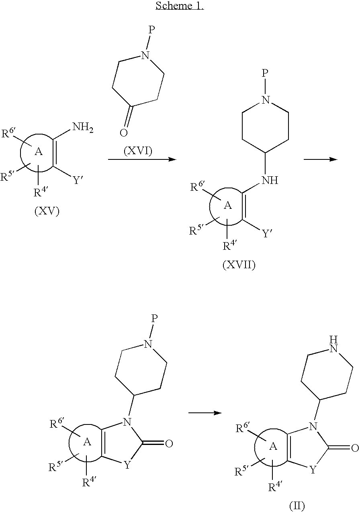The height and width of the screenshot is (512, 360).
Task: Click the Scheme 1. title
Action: (x=180, y=6)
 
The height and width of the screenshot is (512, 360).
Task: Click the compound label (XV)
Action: (x=47, y=211)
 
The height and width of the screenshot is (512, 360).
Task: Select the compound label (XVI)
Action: (x=138, y=151)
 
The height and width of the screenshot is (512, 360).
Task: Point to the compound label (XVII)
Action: (x=239, y=265)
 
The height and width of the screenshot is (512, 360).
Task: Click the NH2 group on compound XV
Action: (x=83, y=127)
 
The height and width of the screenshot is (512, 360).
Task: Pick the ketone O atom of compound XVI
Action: (x=123, y=133)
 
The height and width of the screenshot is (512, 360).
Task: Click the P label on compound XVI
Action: (x=152, y=30)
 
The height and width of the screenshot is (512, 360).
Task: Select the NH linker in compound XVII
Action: (x=270, y=180)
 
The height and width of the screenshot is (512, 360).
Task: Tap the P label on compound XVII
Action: (x=265, y=73)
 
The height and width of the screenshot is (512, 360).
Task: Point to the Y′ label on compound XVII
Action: (x=267, y=233)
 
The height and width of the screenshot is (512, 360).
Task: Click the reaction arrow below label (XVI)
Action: (x=142, y=159)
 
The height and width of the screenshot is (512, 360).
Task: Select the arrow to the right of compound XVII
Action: (x=321, y=159)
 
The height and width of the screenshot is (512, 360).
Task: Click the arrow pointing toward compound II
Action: (x=205, y=413)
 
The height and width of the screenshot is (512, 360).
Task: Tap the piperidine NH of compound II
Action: (x=334, y=344)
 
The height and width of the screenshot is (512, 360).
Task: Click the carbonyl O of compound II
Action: (x=355, y=448)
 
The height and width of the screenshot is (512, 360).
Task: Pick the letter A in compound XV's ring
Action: (x=39, y=151)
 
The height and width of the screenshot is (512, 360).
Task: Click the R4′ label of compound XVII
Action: (x=228, y=246)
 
